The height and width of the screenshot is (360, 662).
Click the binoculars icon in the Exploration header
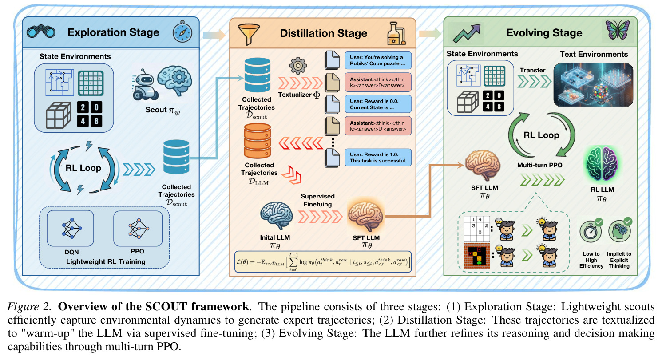click(41, 32)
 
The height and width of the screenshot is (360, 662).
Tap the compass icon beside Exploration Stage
click(182, 32)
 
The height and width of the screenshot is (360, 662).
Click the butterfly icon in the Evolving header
click(617, 30)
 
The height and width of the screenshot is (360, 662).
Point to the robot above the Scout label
click(144, 85)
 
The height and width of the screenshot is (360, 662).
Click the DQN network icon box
click(70, 228)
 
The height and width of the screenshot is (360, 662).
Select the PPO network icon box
click(138, 228)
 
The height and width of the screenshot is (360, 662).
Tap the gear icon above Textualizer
click(297, 66)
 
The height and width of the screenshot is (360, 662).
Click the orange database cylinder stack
click(258, 141)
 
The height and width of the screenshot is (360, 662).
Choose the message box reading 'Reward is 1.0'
click(378, 158)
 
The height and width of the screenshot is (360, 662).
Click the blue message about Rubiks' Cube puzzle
click(378, 60)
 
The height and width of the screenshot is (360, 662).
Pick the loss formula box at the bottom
click(323, 262)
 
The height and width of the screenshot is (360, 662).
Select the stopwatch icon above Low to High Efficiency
click(591, 231)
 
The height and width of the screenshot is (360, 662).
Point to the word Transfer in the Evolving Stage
click(532, 70)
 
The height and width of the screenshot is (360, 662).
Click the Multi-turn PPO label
click(539, 165)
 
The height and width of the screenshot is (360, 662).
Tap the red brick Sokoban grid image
click(477, 256)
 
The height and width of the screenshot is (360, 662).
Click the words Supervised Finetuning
click(318, 200)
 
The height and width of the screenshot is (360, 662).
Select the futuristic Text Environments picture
click(594, 85)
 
